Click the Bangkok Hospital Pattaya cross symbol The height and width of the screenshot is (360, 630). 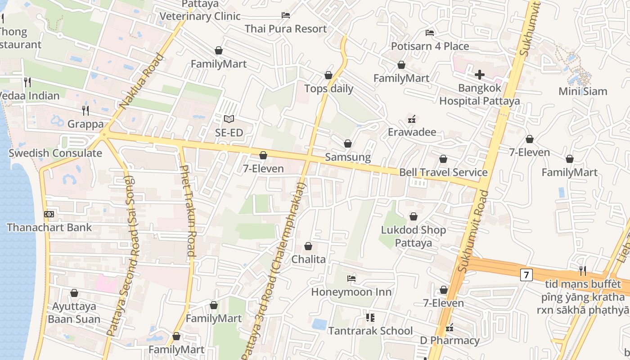click(480, 74)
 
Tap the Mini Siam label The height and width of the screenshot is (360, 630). click(583, 91)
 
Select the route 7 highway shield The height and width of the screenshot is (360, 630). click(526, 274)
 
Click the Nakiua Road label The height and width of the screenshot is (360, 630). click(141, 82)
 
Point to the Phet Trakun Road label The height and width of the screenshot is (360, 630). click(188, 211)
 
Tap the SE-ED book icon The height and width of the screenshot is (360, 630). click(229, 119)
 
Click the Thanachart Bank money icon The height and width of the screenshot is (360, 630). click(49, 214)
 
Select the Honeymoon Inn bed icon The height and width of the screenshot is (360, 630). click(351, 279)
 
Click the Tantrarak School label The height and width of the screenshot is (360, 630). click(370, 331)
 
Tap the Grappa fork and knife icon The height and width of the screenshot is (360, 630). click(85, 110)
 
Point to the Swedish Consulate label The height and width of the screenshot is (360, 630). click(55, 153)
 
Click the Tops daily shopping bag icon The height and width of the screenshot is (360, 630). click(328, 75)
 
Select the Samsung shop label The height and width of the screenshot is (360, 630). click(348, 157)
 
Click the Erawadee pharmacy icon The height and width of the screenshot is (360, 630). click(411, 119)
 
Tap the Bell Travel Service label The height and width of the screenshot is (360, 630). click(443, 172)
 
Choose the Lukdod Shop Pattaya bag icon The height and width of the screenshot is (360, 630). click(413, 217)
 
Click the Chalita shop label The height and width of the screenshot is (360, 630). click(308, 259)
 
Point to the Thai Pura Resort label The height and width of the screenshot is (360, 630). click(286, 29)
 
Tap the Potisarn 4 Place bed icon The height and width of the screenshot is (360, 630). click(430, 33)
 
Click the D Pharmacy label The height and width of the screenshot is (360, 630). click(450, 340)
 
